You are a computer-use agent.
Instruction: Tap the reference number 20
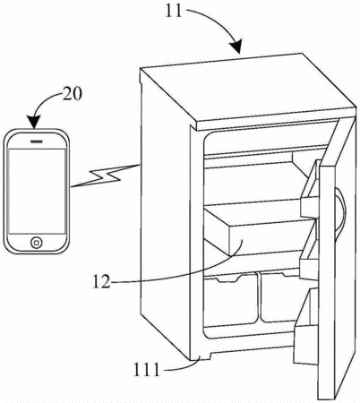point(72,94)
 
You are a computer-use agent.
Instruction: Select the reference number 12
point(101,281)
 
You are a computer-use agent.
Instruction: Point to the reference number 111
point(147,370)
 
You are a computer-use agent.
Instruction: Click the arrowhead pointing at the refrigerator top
point(236,47)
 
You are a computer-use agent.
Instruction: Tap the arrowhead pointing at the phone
point(34,122)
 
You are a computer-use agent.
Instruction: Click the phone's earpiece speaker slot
point(37,141)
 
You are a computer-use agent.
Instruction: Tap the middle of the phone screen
point(37,191)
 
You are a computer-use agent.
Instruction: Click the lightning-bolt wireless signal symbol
point(105,176)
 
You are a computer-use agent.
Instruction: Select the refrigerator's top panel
point(248,90)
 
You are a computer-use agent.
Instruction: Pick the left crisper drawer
point(230,300)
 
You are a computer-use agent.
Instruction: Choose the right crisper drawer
point(280,297)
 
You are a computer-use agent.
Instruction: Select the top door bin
point(311,190)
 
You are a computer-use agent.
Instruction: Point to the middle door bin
point(309,253)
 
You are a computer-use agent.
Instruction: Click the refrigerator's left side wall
point(166,215)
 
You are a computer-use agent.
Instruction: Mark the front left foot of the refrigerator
point(200,356)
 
